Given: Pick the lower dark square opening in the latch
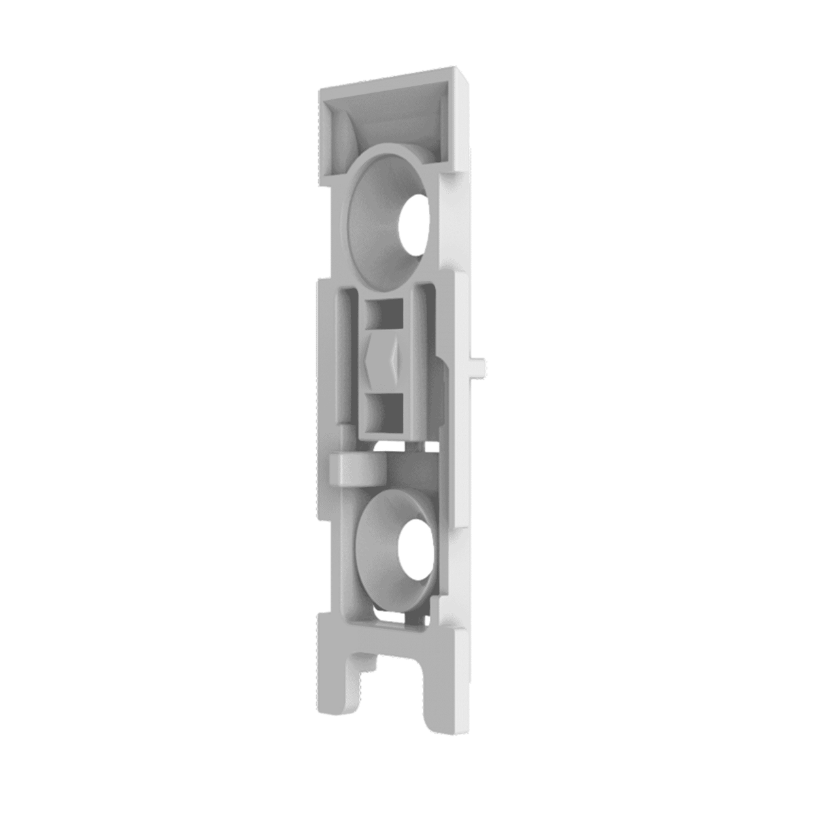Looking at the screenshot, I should click(x=386, y=412).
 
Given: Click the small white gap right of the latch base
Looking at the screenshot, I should click(x=431, y=445).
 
